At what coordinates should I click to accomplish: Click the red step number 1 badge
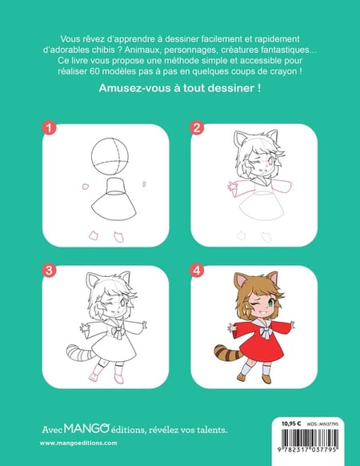click(x=50, y=128)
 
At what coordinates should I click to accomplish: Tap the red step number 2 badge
click(x=198, y=128)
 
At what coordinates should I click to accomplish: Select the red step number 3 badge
click(x=50, y=270)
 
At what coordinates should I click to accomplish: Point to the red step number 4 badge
click(x=198, y=270)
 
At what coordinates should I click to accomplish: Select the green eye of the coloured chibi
click(x=270, y=303)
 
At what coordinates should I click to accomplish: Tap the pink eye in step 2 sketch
click(x=270, y=162)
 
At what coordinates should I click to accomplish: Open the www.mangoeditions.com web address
click(x=78, y=443)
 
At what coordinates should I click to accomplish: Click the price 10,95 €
click(x=291, y=424)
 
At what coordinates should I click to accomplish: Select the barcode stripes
click(x=310, y=437)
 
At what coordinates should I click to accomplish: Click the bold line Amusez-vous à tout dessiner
click(x=180, y=88)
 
